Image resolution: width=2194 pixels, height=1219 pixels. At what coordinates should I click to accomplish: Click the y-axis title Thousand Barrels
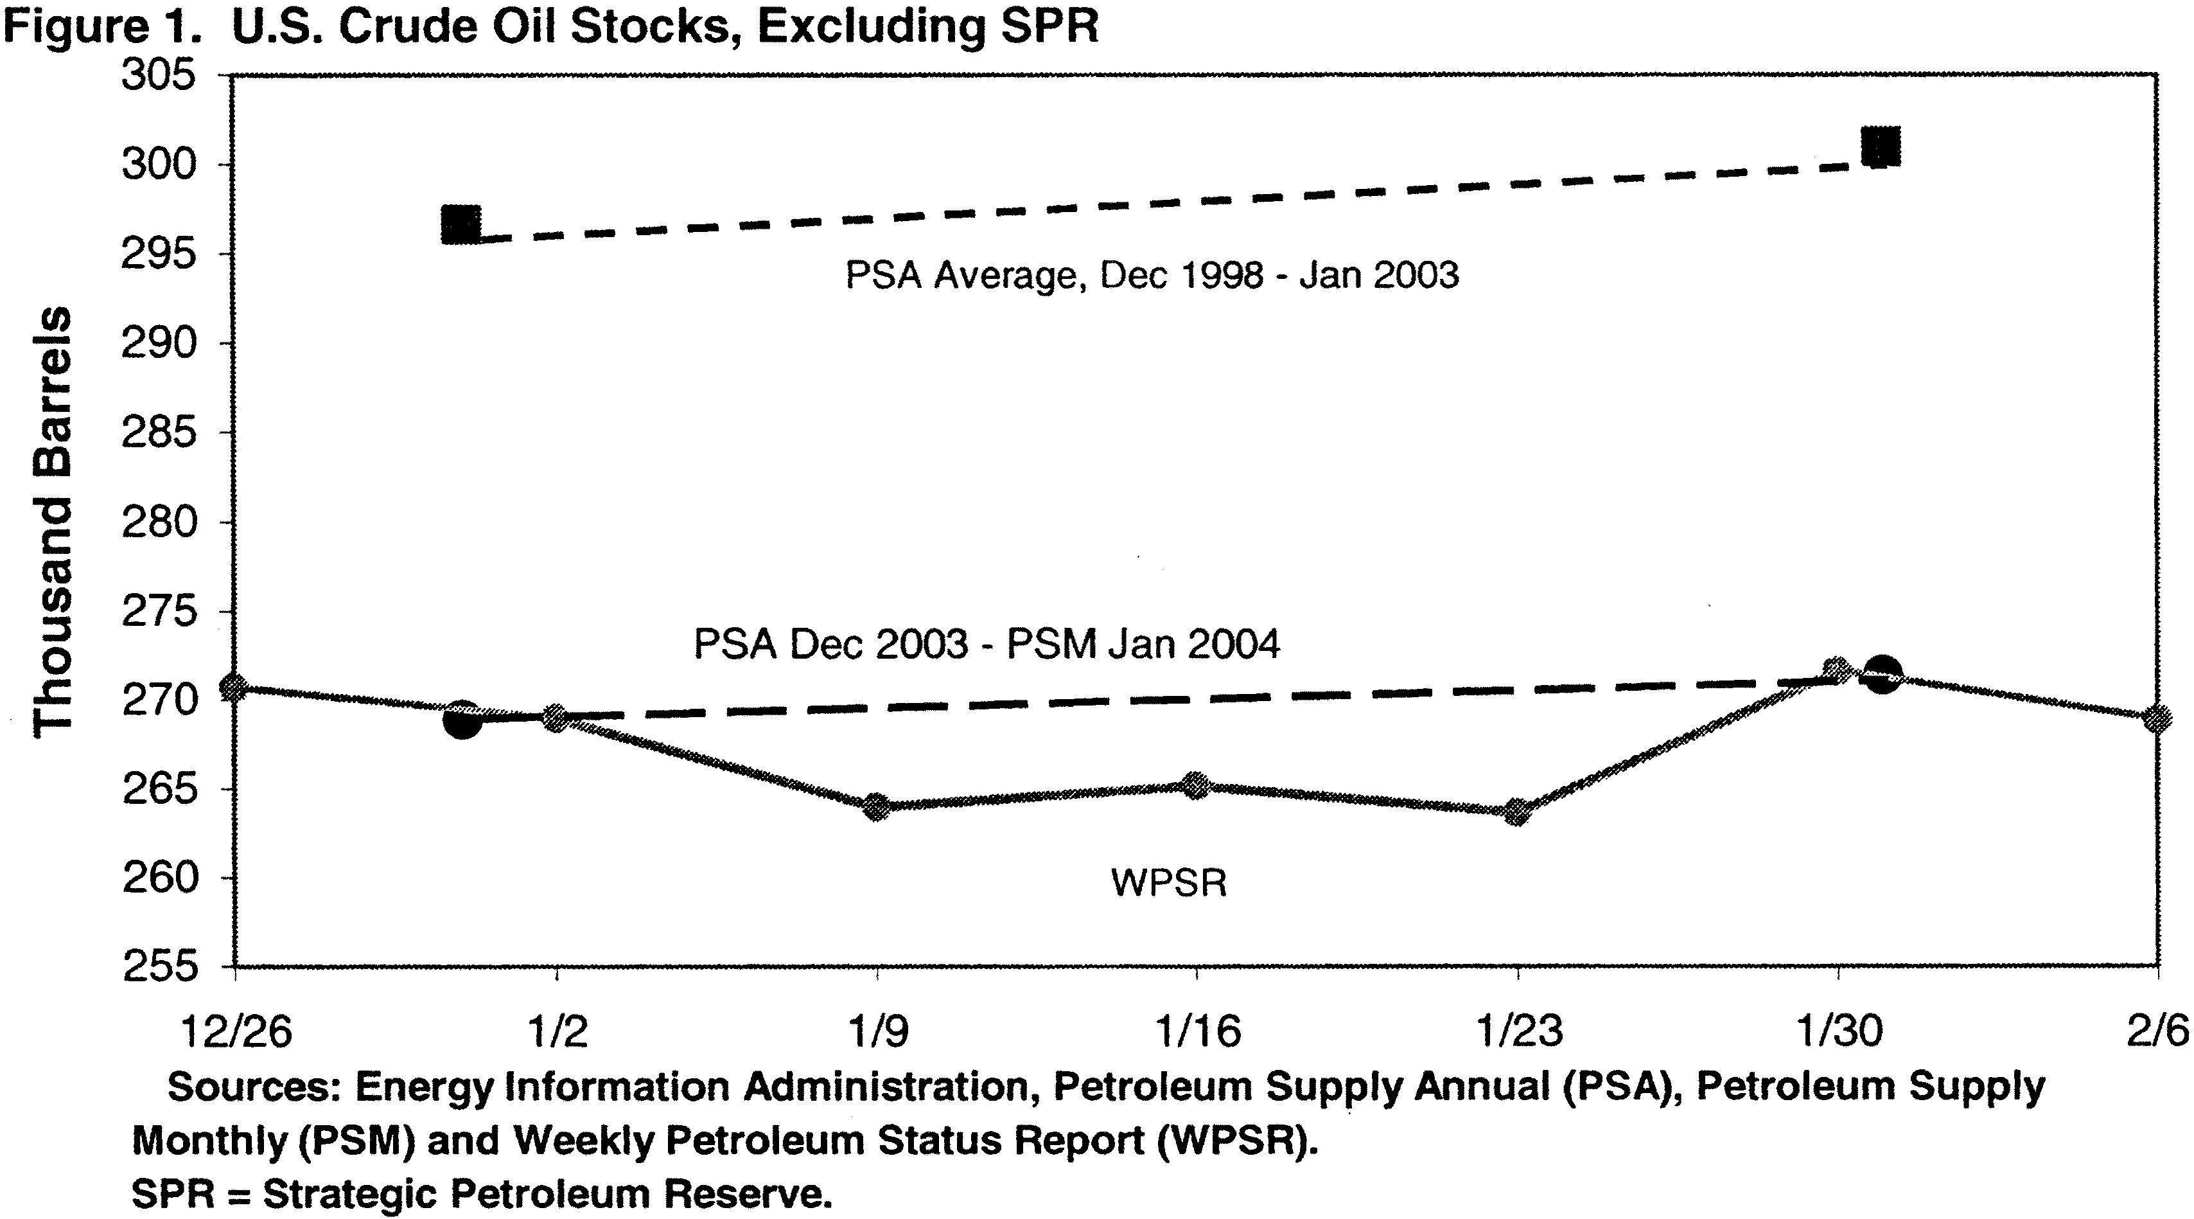tap(53, 521)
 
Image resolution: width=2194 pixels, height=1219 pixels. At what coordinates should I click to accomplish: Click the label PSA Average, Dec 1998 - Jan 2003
tap(1152, 275)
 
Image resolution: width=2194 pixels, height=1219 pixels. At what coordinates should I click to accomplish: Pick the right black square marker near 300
tap(1881, 147)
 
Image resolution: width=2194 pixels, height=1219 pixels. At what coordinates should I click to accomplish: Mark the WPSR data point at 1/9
tap(877, 806)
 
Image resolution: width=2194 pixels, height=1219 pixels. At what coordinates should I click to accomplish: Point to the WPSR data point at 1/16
tap(1197, 785)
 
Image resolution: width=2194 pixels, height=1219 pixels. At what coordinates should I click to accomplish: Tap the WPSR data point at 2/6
tap(2157, 719)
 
